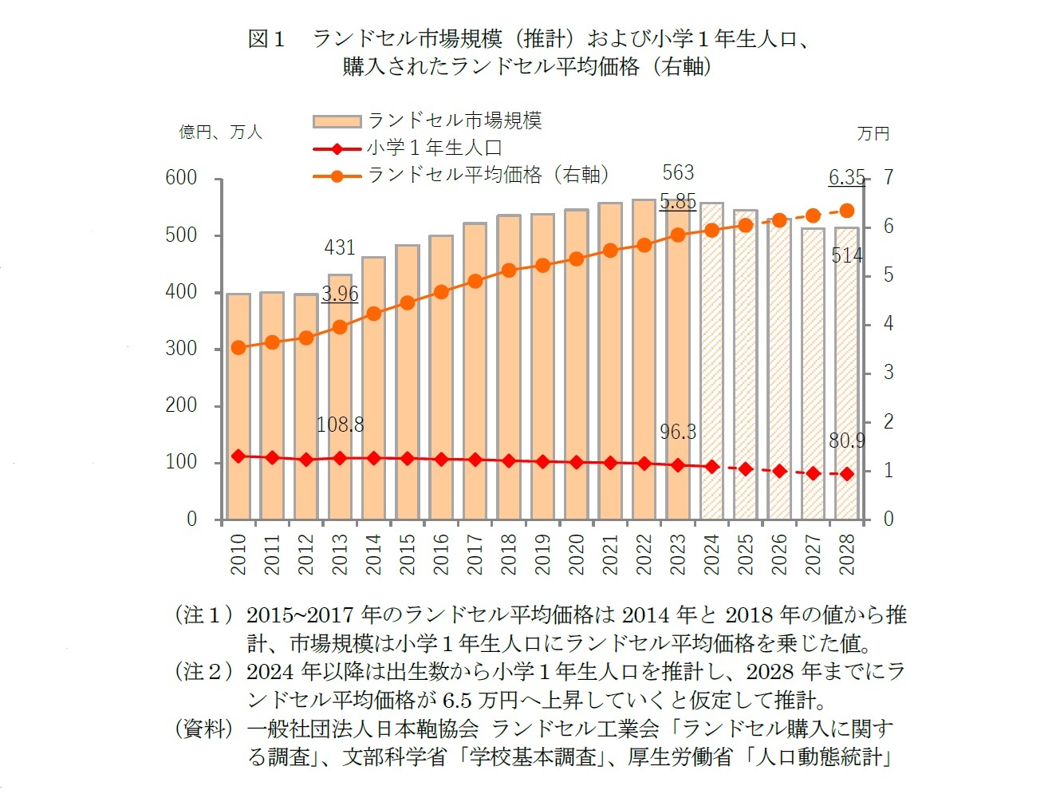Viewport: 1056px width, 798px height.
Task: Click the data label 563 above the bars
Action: tap(678, 172)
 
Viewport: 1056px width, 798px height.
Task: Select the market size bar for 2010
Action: tap(238, 407)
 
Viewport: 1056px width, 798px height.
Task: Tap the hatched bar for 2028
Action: tap(846, 375)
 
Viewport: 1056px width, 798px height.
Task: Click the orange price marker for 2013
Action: tap(340, 327)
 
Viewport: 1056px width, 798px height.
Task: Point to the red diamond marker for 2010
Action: tap(238, 456)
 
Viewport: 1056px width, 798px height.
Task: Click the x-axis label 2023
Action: tap(678, 554)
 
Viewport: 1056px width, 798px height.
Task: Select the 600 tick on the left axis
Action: tap(181, 178)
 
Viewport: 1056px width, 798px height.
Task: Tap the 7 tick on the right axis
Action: tap(889, 177)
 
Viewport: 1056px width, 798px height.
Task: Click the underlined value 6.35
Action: tap(846, 177)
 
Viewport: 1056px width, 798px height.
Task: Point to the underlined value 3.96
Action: tap(340, 294)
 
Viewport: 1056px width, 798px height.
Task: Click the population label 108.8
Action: tap(340, 425)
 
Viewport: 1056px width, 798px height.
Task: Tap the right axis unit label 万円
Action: tap(873, 133)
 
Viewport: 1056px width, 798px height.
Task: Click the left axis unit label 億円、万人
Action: tap(220, 132)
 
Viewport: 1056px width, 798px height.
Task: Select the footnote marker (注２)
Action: tap(203, 672)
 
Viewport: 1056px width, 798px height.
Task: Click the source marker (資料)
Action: tap(203, 729)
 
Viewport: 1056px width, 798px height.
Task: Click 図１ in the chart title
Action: tap(266, 38)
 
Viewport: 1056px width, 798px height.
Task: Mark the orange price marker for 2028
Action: tap(847, 211)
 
